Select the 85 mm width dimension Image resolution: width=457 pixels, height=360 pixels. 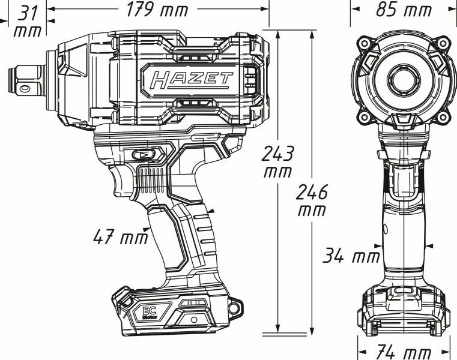pos(403,10)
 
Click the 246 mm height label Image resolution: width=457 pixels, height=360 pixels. pos(313,201)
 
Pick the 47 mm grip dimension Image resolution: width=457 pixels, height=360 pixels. pos(120,238)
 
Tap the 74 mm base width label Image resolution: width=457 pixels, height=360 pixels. pos(404,352)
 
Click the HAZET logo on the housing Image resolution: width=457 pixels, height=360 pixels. pos(191,79)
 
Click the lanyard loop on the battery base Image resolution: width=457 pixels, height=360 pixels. pos(235,305)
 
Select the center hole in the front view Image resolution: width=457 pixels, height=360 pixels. pos(403,79)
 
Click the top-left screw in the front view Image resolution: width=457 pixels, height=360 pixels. pos(364,43)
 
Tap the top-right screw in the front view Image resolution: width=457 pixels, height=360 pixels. pos(443,43)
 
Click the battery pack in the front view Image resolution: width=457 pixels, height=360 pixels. pos(403,311)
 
